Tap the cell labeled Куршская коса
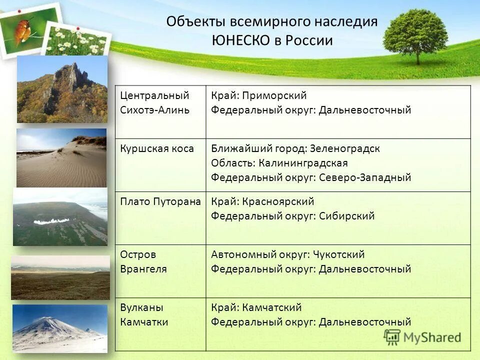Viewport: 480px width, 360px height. point(157,148)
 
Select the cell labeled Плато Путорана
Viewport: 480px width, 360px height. point(160,201)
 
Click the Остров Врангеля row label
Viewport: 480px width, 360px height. point(143,261)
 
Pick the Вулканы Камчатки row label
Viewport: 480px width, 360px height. point(144,315)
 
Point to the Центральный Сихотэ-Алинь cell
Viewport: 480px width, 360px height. point(154,102)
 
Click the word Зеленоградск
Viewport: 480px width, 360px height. point(345,148)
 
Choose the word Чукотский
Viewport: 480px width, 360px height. point(339,254)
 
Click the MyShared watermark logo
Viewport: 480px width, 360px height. point(422,337)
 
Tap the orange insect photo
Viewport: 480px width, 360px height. point(23,30)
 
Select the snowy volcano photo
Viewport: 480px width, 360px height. point(59,328)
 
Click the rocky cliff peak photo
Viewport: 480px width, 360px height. point(62,89)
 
